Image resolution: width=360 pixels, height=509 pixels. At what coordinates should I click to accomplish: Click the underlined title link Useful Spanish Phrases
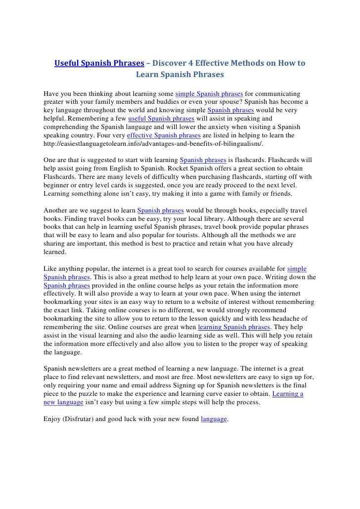(x=99, y=64)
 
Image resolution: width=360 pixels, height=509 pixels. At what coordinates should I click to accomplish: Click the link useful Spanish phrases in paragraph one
(x=160, y=119)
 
